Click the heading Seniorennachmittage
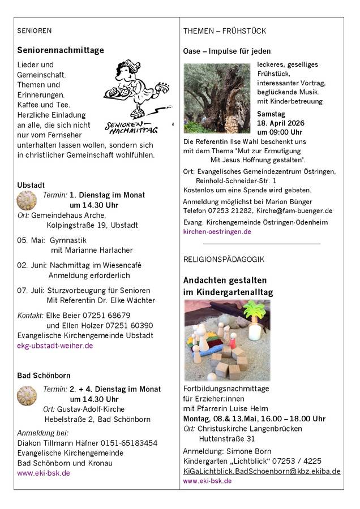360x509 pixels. click(61, 50)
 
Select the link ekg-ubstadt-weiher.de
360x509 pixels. click(55, 346)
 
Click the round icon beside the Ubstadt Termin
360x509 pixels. click(27, 200)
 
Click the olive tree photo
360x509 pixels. click(217, 98)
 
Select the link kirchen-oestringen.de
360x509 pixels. click(217, 232)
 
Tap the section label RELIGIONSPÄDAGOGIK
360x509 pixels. click(224, 259)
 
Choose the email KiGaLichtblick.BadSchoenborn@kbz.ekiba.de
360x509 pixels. click(262, 471)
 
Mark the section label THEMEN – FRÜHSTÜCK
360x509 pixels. click(225, 31)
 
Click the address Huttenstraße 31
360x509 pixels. click(227, 438)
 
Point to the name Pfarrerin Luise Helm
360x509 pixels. click(227, 409)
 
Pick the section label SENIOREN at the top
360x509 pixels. click(35, 31)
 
